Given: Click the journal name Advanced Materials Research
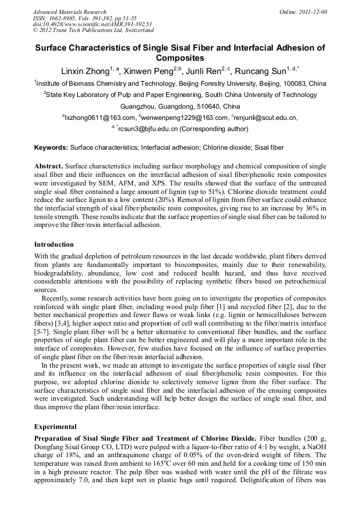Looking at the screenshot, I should click(x=69, y=12).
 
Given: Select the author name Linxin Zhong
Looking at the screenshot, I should click(x=83, y=70).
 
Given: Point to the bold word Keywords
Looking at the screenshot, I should click(x=51, y=147).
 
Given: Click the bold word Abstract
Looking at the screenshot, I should click(x=49, y=166).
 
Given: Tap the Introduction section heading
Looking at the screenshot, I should click(x=54, y=245).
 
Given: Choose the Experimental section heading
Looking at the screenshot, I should click(x=55, y=427).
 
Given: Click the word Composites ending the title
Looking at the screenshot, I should click(x=180, y=58).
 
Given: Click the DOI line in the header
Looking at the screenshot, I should click(x=93, y=24).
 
